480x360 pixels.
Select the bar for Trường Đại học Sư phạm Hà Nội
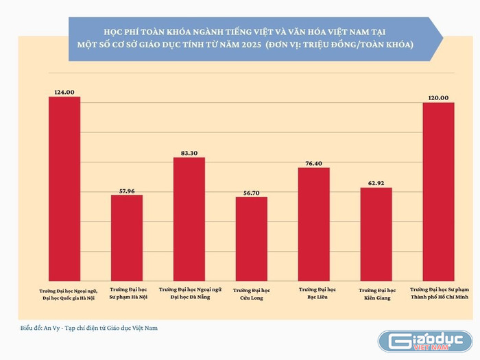coord(127,236)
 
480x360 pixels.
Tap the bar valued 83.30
coord(189,217)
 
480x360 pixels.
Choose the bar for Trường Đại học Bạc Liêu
coord(313,222)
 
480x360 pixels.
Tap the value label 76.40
coord(313,162)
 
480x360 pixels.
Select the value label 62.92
coord(376,182)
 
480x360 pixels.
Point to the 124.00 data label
coord(64,91)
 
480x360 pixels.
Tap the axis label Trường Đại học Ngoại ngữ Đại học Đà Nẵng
coord(189,293)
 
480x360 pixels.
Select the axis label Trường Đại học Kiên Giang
coord(376,294)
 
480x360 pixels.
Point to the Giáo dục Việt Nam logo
coord(425,341)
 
